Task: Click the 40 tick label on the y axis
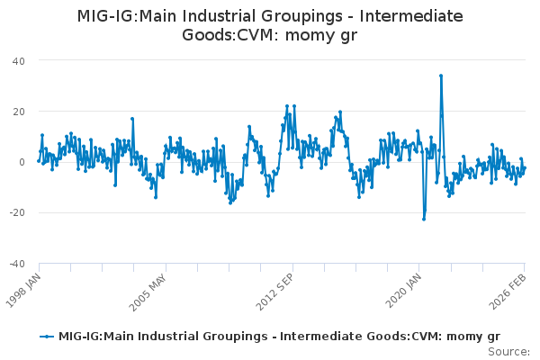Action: click(x=18, y=60)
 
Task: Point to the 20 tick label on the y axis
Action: click(x=18, y=111)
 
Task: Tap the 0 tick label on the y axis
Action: click(x=21, y=162)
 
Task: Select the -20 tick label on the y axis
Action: click(x=15, y=212)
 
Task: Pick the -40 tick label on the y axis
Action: click(x=15, y=264)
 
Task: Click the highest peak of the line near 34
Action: click(x=440, y=76)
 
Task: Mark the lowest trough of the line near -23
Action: click(x=424, y=219)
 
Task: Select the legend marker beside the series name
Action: click(x=47, y=337)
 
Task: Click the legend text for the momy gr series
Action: click(x=279, y=337)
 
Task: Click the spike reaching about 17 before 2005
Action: click(x=131, y=118)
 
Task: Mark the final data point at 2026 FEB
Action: click(x=525, y=168)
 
